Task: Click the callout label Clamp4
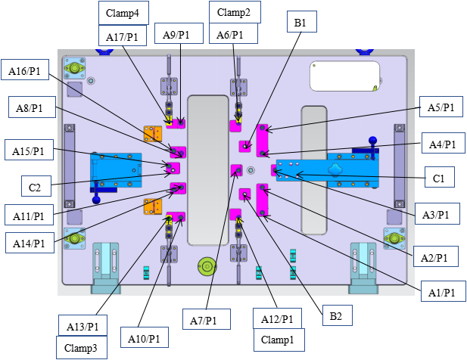(x=123, y=12)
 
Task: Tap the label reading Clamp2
(x=234, y=12)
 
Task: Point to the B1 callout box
(x=300, y=24)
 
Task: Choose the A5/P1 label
(x=441, y=107)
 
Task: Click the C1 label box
(x=439, y=179)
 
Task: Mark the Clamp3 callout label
(x=81, y=347)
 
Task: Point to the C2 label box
(x=35, y=184)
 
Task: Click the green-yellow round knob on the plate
(x=207, y=267)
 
